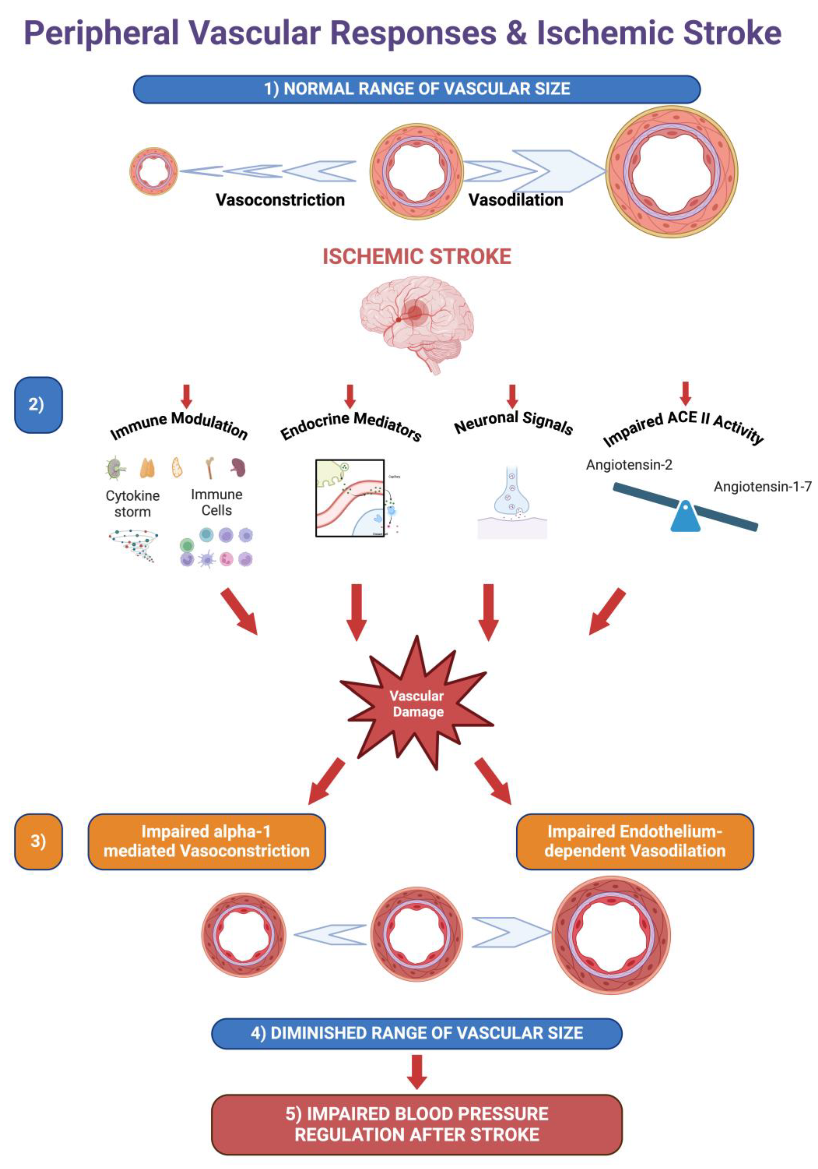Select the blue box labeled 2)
pyautogui.click(x=38, y=405)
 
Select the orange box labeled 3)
pyautogui.click(x=38, y=841)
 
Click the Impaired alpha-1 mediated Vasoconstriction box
pyautogui.click(x=206, y=841)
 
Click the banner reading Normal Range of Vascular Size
pyautogui.click(x=416, y=89)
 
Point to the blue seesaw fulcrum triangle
pyautogui.click(x=685, y=517)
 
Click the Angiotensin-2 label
pyautogui.click(x=629, y=465)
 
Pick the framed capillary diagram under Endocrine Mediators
pyautogui.click(x=350, y=498)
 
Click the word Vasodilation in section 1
pyautogui.click(x=515, y=200)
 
